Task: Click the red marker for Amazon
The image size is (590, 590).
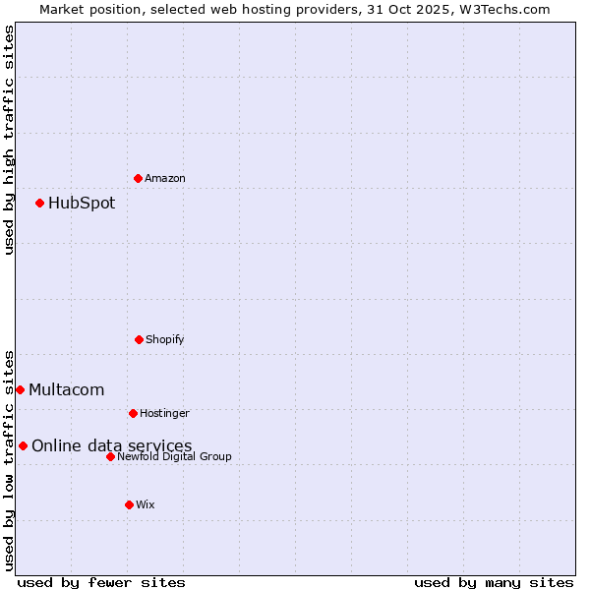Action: coord(138,178)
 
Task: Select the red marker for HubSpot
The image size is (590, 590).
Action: coord(39,203)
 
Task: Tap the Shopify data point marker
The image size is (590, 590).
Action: coord(139,339)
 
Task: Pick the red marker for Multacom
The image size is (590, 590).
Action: coord(20,389)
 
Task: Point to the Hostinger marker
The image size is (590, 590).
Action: coord(133,413)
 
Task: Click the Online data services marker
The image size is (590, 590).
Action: coord(23,445)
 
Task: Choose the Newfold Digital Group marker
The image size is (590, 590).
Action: coord(110,456)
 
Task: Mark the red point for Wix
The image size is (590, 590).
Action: coord(129,504)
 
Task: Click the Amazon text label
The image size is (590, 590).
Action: coord(165,178)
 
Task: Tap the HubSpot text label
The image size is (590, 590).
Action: coord(82,204)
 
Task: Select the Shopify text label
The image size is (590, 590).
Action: coord(165,339)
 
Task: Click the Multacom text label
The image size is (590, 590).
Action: coord(66,390)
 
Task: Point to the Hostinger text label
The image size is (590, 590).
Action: coord(164,413)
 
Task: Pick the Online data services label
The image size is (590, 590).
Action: coord(111,446)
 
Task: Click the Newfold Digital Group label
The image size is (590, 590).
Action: coord(174,456)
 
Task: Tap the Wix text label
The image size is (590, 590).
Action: coord(146,504)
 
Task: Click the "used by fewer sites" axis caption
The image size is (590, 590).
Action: coord(101,582)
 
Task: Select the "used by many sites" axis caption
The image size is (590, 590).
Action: coord(494,582)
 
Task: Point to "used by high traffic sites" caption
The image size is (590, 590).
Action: coord(9,140)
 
